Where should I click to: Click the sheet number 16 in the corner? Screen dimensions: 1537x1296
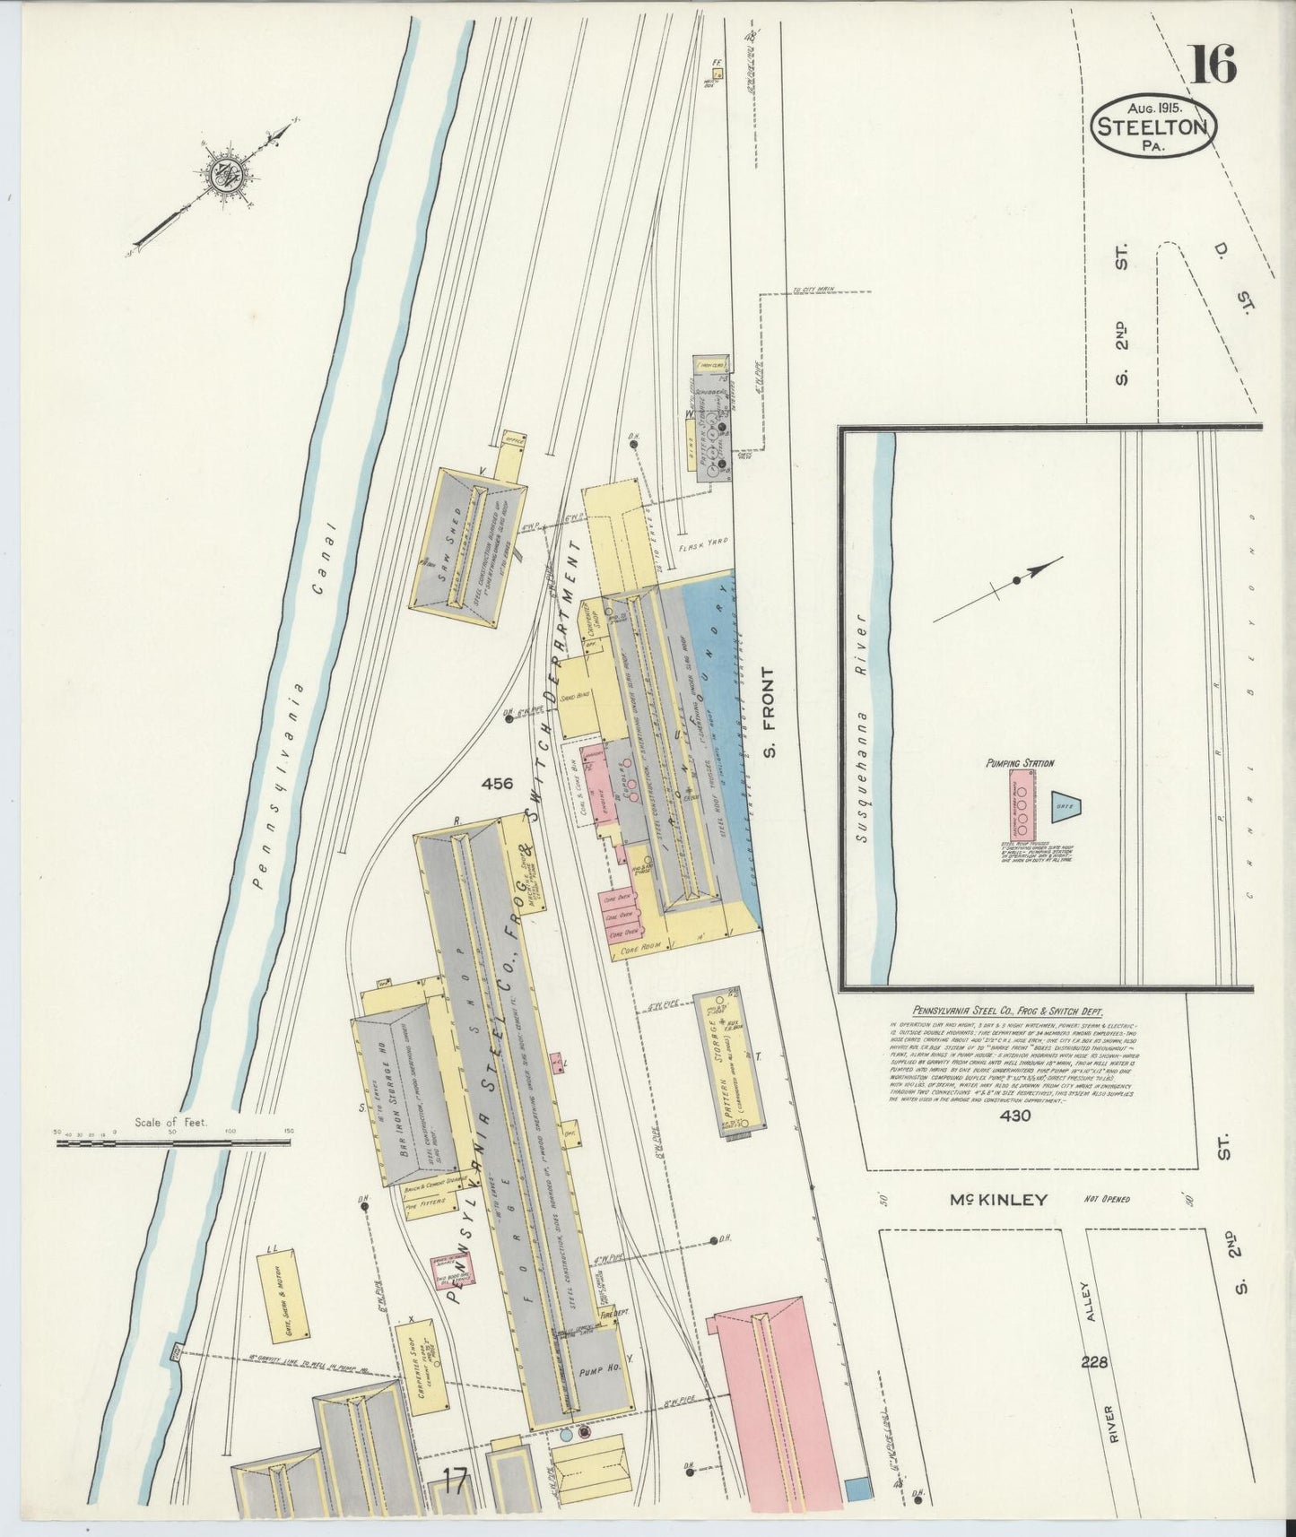(x=1213, y=65)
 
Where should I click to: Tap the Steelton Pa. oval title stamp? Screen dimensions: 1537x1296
(x=1153, y=127)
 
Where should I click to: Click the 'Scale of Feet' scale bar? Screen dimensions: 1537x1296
(x=170, y=1142)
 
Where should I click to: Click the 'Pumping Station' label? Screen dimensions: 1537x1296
(x=1019, y=763)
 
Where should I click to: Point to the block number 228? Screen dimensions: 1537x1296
(x=1094, y=1362)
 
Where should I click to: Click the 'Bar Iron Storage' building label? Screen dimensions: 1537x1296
(x=394, y=1094)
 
